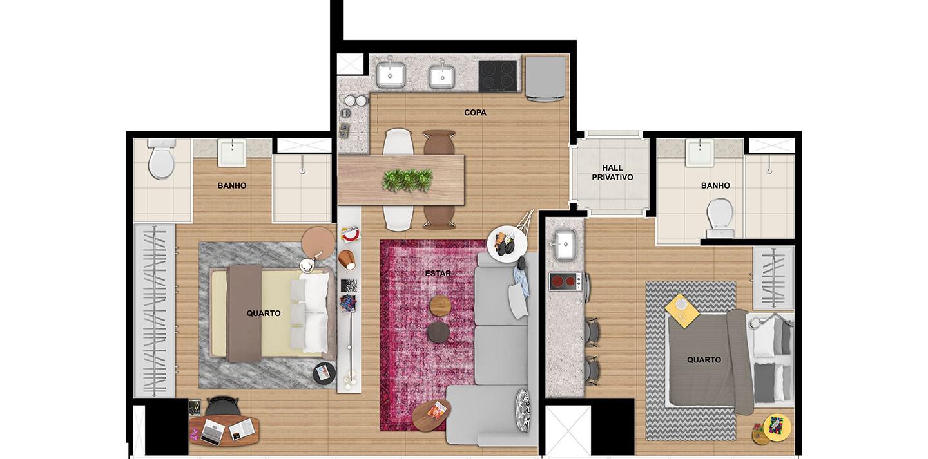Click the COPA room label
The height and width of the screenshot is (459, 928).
[475, 113]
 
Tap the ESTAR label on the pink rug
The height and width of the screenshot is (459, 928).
[438, 274]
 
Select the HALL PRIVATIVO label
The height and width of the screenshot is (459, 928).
[612, 173]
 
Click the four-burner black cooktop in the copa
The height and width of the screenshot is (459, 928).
[498, 76]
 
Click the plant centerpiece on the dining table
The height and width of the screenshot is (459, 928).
[407, 180]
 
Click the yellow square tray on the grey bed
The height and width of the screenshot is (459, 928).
[682, 310]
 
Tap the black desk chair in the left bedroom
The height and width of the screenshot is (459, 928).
[222, 406]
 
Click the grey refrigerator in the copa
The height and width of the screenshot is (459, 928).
[545, 79]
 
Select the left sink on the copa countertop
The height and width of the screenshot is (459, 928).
[391, 75]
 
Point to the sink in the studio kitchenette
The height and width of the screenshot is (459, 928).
[565, 245]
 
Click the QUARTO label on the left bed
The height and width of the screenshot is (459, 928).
[264, 314]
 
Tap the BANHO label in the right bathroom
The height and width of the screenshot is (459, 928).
[715, 185]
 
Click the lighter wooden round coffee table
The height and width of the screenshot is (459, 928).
[440, 305]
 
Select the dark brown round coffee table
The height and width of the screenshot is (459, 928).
[438, 332]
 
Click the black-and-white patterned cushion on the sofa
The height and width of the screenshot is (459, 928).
[523, 411]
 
